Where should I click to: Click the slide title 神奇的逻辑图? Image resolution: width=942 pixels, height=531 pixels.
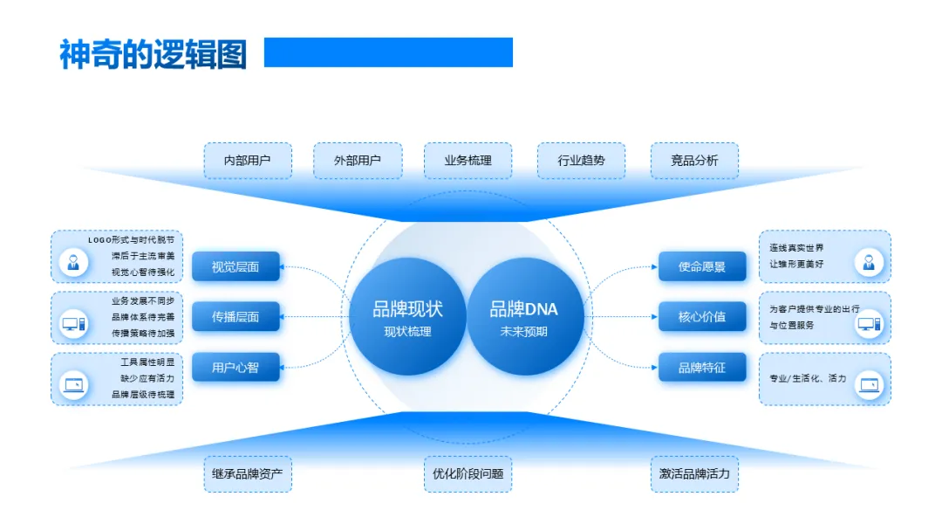click(153, 54)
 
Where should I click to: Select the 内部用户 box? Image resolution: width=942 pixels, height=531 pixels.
click(248, 161)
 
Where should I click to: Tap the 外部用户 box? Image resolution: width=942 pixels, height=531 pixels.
click(358, 161)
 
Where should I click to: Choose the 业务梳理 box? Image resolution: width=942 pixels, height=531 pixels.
click(468, 161)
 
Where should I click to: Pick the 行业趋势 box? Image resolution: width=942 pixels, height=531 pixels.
click(581, 161)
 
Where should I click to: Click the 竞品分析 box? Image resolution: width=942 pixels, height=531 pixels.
click(694, 161)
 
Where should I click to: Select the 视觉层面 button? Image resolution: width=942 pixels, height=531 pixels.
click(235, 266)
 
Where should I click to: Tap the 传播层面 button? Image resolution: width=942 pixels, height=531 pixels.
click(235, 316)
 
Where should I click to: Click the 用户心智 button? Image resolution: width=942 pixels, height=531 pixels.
click(235, 367)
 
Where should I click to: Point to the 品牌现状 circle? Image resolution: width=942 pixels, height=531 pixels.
click(407, 316)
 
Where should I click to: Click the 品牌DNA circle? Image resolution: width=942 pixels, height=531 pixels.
click(524, 316)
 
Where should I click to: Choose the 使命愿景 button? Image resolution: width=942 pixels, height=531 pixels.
click(702, 266)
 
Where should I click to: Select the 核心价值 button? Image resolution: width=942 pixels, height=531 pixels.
click(702, 316)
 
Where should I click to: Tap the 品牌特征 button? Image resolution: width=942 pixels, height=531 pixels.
click(702, 367)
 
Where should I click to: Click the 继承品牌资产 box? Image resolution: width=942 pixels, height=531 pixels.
click(248, 473)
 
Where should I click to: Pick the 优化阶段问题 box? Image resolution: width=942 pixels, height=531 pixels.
click(468, 473)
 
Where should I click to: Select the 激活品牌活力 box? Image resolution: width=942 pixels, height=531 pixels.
click(694, 473)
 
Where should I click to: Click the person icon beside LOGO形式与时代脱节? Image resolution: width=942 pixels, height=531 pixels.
click(73, 261)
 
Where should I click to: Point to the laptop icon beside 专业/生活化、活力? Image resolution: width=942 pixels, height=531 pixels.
click(869, 384)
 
